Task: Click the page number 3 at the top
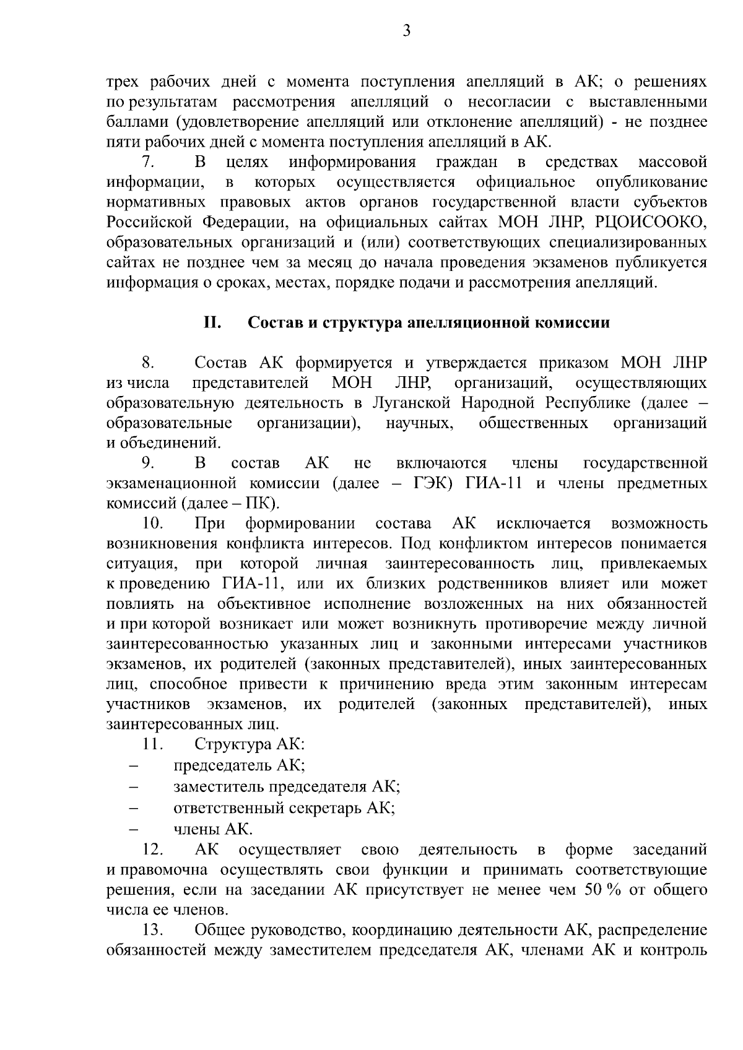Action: point(406,31)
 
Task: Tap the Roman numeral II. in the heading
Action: point(213,322)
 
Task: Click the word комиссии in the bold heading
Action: point(575,322)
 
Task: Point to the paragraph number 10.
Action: point(152,523)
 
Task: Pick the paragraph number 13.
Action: point(152,930)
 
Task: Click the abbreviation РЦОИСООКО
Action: point(658,223)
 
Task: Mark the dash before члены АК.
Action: point(134,829)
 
